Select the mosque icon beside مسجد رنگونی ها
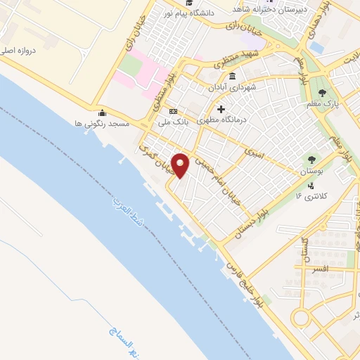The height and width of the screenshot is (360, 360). (x=103, y=112)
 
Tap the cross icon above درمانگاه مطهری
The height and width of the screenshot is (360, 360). (x=221, y=109)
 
